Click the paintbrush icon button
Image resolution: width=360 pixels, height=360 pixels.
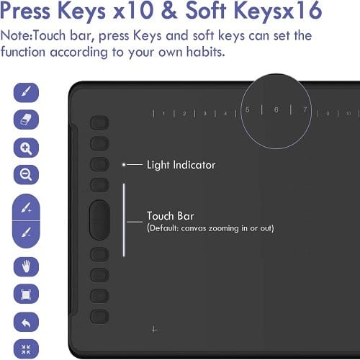(26, 92)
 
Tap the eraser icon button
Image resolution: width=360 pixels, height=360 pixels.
(26, 120)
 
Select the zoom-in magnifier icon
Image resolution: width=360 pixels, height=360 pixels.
(26, 148)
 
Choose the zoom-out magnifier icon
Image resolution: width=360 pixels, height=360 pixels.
(26, 175)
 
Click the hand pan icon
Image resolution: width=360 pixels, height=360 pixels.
(26, 266)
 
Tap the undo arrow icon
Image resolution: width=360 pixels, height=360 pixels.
(26, 322)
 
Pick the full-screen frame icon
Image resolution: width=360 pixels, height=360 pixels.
(26, 294)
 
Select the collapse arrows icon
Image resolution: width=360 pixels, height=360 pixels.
(26, 349)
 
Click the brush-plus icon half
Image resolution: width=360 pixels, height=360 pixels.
(26, 207)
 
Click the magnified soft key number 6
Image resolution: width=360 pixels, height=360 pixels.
(276, 109)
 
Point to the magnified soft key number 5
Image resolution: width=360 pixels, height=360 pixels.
(248, 109)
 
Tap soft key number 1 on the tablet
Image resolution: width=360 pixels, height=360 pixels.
(163, 113)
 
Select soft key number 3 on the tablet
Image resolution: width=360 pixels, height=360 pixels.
(204, 113)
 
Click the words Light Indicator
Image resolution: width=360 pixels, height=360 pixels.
(181, 165)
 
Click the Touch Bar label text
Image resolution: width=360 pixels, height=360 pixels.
(171, 216)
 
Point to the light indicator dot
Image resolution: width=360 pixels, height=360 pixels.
(124, 165)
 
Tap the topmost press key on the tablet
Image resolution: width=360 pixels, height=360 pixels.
(99, 123)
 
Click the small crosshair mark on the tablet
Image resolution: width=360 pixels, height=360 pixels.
(154, 330)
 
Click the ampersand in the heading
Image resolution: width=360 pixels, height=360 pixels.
(169, 11)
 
